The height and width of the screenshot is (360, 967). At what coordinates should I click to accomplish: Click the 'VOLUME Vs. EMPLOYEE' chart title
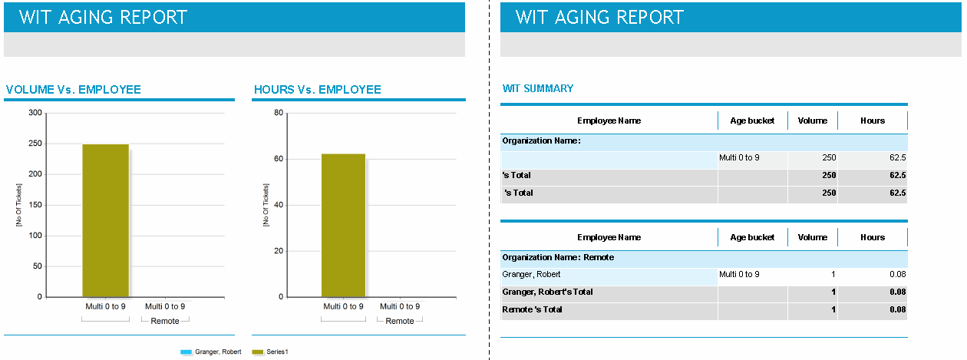[x=74, y=90]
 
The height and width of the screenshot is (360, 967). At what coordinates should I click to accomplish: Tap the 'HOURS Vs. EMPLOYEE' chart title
[x=318, y=90]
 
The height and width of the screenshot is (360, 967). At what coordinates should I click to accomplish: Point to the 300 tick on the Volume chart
[x=35, y=113]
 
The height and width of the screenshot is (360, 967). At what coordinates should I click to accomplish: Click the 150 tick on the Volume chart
[x=35, y=205]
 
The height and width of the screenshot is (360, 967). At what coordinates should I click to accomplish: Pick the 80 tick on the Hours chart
[x=279, y=113]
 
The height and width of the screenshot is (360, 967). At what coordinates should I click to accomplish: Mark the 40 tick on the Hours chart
[x=279, y=205]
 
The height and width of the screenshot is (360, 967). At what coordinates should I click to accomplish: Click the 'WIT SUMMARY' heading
[x=538, y=88]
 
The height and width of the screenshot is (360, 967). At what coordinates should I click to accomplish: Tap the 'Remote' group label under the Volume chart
[x=165, y=321]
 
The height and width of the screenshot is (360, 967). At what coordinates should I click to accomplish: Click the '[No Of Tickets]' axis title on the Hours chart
[x=266, y=205]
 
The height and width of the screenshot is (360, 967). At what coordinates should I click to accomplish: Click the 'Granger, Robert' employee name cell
[x=531, y=274]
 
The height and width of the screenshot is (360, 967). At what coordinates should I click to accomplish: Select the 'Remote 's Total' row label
[x=532, y=309]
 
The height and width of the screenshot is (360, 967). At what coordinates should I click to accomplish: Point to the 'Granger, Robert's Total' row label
[x=547, y=292]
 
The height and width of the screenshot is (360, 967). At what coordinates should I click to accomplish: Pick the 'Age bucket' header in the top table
[x=752, y=121]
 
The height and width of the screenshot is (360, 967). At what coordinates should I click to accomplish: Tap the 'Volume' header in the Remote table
[x=812, y=237]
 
